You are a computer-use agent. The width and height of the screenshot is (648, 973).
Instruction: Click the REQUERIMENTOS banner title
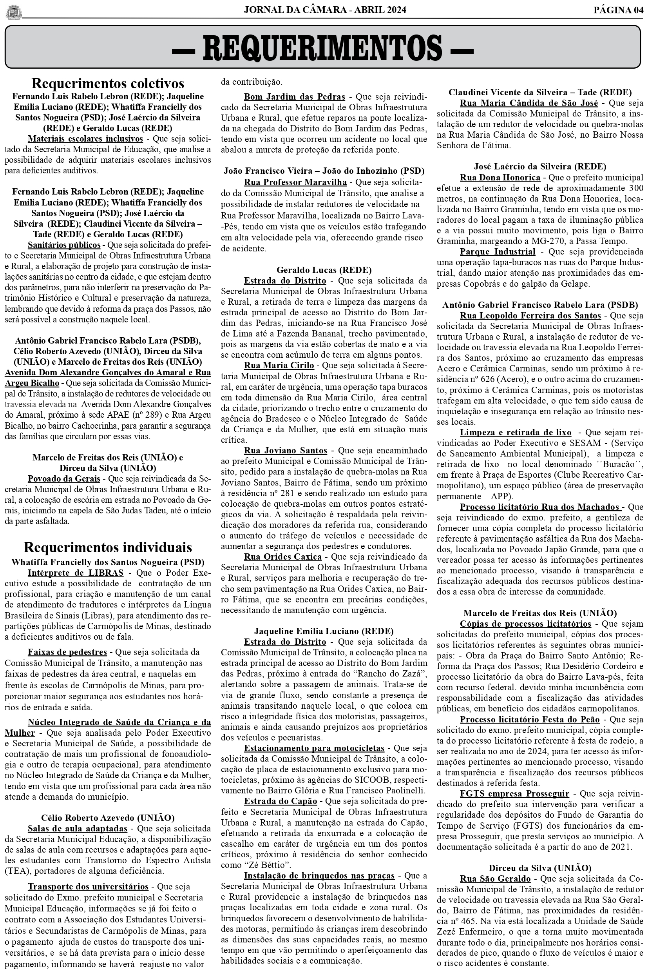(x=322, y=47)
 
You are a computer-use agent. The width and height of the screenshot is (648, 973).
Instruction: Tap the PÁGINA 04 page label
(x=618, y=10)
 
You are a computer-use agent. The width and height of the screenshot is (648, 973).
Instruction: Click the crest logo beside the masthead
(x=14, y=12)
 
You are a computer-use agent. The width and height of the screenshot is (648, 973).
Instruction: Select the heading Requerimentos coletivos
(x=107, y=83)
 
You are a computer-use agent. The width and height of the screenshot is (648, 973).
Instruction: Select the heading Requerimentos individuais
(x=107, y=547)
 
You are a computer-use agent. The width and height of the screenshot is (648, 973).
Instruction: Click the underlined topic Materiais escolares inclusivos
(x=85, y=138)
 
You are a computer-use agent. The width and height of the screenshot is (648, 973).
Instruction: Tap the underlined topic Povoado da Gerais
(x=64, y=478)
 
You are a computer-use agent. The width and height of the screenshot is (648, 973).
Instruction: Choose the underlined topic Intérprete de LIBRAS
(x=76, y=573)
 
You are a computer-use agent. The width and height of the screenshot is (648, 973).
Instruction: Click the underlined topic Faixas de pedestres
(x=67, y=652)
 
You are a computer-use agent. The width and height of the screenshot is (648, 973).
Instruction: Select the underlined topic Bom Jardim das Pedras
(x=294, y=97)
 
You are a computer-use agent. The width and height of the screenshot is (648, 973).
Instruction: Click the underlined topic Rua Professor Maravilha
(x=295, y=182)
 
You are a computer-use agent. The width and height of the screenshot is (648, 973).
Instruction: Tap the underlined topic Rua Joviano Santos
(x=286, y=450)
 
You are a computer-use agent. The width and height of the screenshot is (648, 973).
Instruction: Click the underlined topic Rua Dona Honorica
(x=500, y=178)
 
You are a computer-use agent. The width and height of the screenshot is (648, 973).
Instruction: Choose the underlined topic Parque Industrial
(x=498, y=251)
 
